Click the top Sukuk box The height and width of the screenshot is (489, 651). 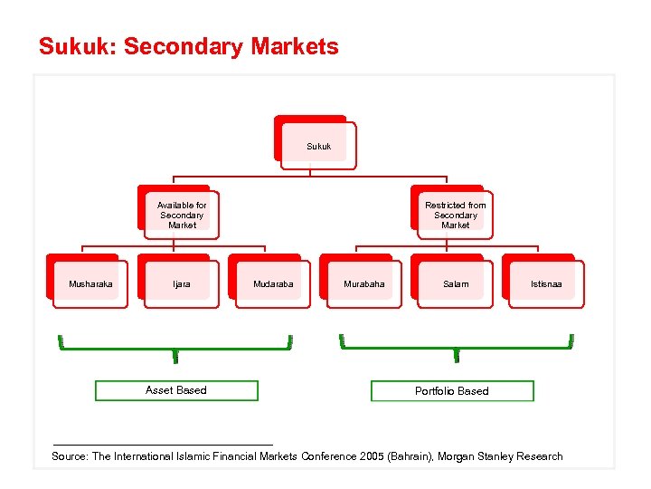pyautogui.click(x=317, y=145)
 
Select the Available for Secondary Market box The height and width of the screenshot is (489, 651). pyautogui.click(x=182, y=215)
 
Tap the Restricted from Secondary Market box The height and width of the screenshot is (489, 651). pyautogui.click(x=455, y=215)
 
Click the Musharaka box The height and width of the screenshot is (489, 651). pyautogui.click(x=90, y=284)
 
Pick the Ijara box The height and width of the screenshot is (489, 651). pyautogui.click(x=182, y=284)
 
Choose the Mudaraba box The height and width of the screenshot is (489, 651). pyautogui.click(x=273, y=284)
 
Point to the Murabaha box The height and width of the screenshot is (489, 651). pyautogui.click(x=364, y=284)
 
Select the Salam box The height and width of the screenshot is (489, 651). pyautogui.click(x=456, y=284)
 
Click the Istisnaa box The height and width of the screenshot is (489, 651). pyautogui.click(x=546, y=284)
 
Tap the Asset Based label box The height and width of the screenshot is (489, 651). pyautogui.click(x=176, y=390)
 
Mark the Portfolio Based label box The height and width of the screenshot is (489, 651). pyautogui.click(x=452, y=391)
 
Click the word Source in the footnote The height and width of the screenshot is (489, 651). pyautogui.click(x=69, y=456)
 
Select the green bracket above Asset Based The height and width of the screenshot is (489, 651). pyautogui.click(x=175, y=346)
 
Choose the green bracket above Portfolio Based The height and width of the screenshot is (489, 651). pyautogui.click(x=457, y=346)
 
